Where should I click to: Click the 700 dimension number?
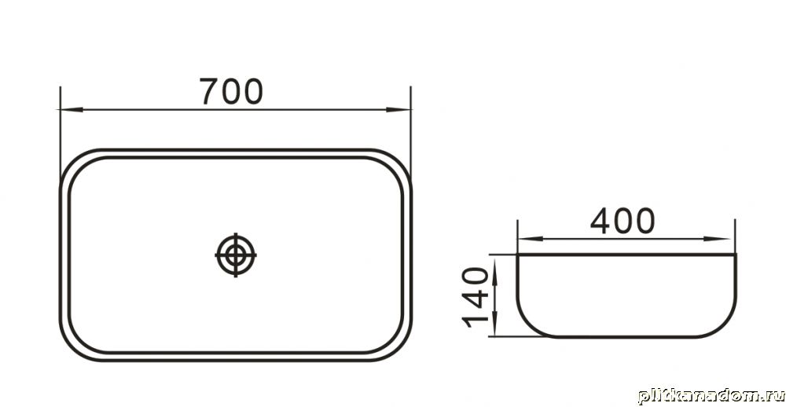pos(231,91)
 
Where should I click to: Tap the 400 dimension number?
pos(623,221)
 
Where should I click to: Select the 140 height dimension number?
pos(475,298)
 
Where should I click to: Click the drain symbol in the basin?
pos(236,255)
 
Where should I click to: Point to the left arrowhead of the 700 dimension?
pos(71,109)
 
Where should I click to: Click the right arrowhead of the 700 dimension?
pos(399,109)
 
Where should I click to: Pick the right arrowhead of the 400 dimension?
pos(717,239)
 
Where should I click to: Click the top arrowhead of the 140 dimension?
pos(494,267)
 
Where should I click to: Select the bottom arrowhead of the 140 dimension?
pos(494,324)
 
